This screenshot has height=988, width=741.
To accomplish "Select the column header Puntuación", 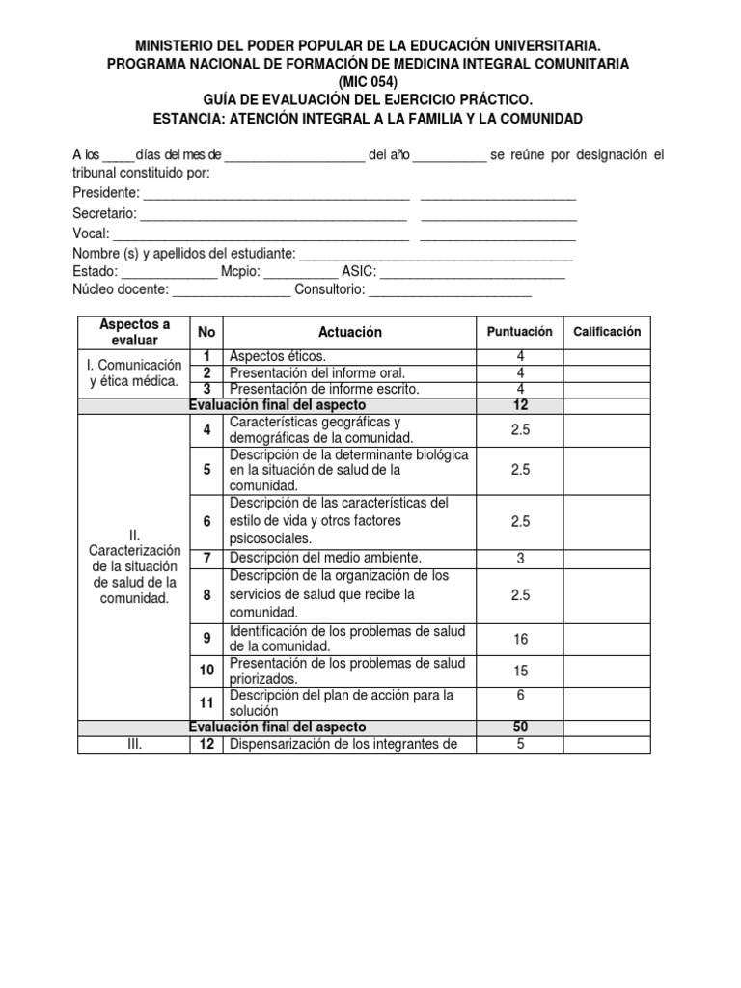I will pos(520,331).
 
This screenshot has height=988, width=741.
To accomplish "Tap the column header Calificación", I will pos(607,331).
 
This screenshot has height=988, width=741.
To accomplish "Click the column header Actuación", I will pos(349,332).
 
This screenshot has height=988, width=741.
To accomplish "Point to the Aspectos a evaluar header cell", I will pos(134,331).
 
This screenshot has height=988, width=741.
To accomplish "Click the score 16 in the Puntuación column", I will pos(520,638).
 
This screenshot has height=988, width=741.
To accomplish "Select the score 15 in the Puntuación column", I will pos(520,671).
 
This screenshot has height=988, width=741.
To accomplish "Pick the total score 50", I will pos(520,726).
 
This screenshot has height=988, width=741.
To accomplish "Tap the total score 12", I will pos(520,405).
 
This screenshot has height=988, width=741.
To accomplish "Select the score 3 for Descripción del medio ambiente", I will pos(520,558).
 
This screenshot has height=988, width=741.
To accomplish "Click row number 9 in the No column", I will pos(206,638).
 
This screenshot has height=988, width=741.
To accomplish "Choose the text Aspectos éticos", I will pos(278,356).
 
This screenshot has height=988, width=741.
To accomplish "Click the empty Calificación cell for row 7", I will pos(607,558).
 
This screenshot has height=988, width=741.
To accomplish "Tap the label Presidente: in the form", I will pos(106,193).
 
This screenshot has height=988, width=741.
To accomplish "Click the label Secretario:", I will pos(105,213).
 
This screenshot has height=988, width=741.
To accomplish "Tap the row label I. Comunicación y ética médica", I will pos(134,372).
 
